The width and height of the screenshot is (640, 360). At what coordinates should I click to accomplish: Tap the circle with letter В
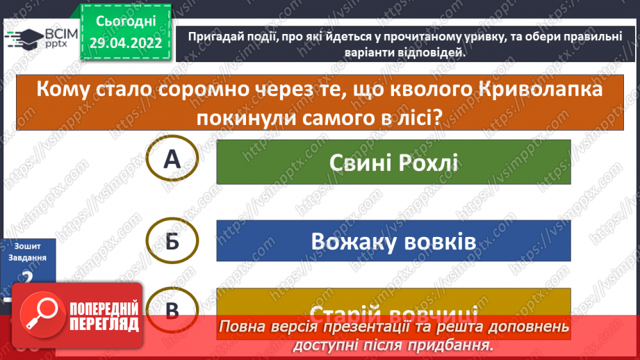coord(172,310)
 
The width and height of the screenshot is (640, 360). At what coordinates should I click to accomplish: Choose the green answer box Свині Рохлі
coord(393,162)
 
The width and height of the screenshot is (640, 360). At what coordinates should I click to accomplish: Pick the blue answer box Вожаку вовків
coord(393,242)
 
